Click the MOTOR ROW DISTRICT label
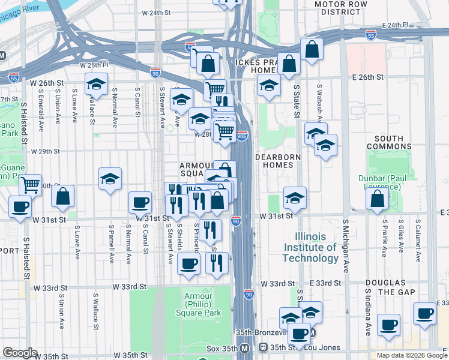(345, 8)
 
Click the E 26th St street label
(367, 77)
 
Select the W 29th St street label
(45, 152)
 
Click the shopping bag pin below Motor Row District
(312, 49)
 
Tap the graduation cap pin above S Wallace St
(96, 85)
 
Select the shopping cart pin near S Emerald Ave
(30, 185)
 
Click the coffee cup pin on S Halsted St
(19, 207)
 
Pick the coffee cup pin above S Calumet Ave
(424, 313)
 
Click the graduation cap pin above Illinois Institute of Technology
(295, 197)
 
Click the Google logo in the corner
(20, 353)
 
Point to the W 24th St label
(156, 13)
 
